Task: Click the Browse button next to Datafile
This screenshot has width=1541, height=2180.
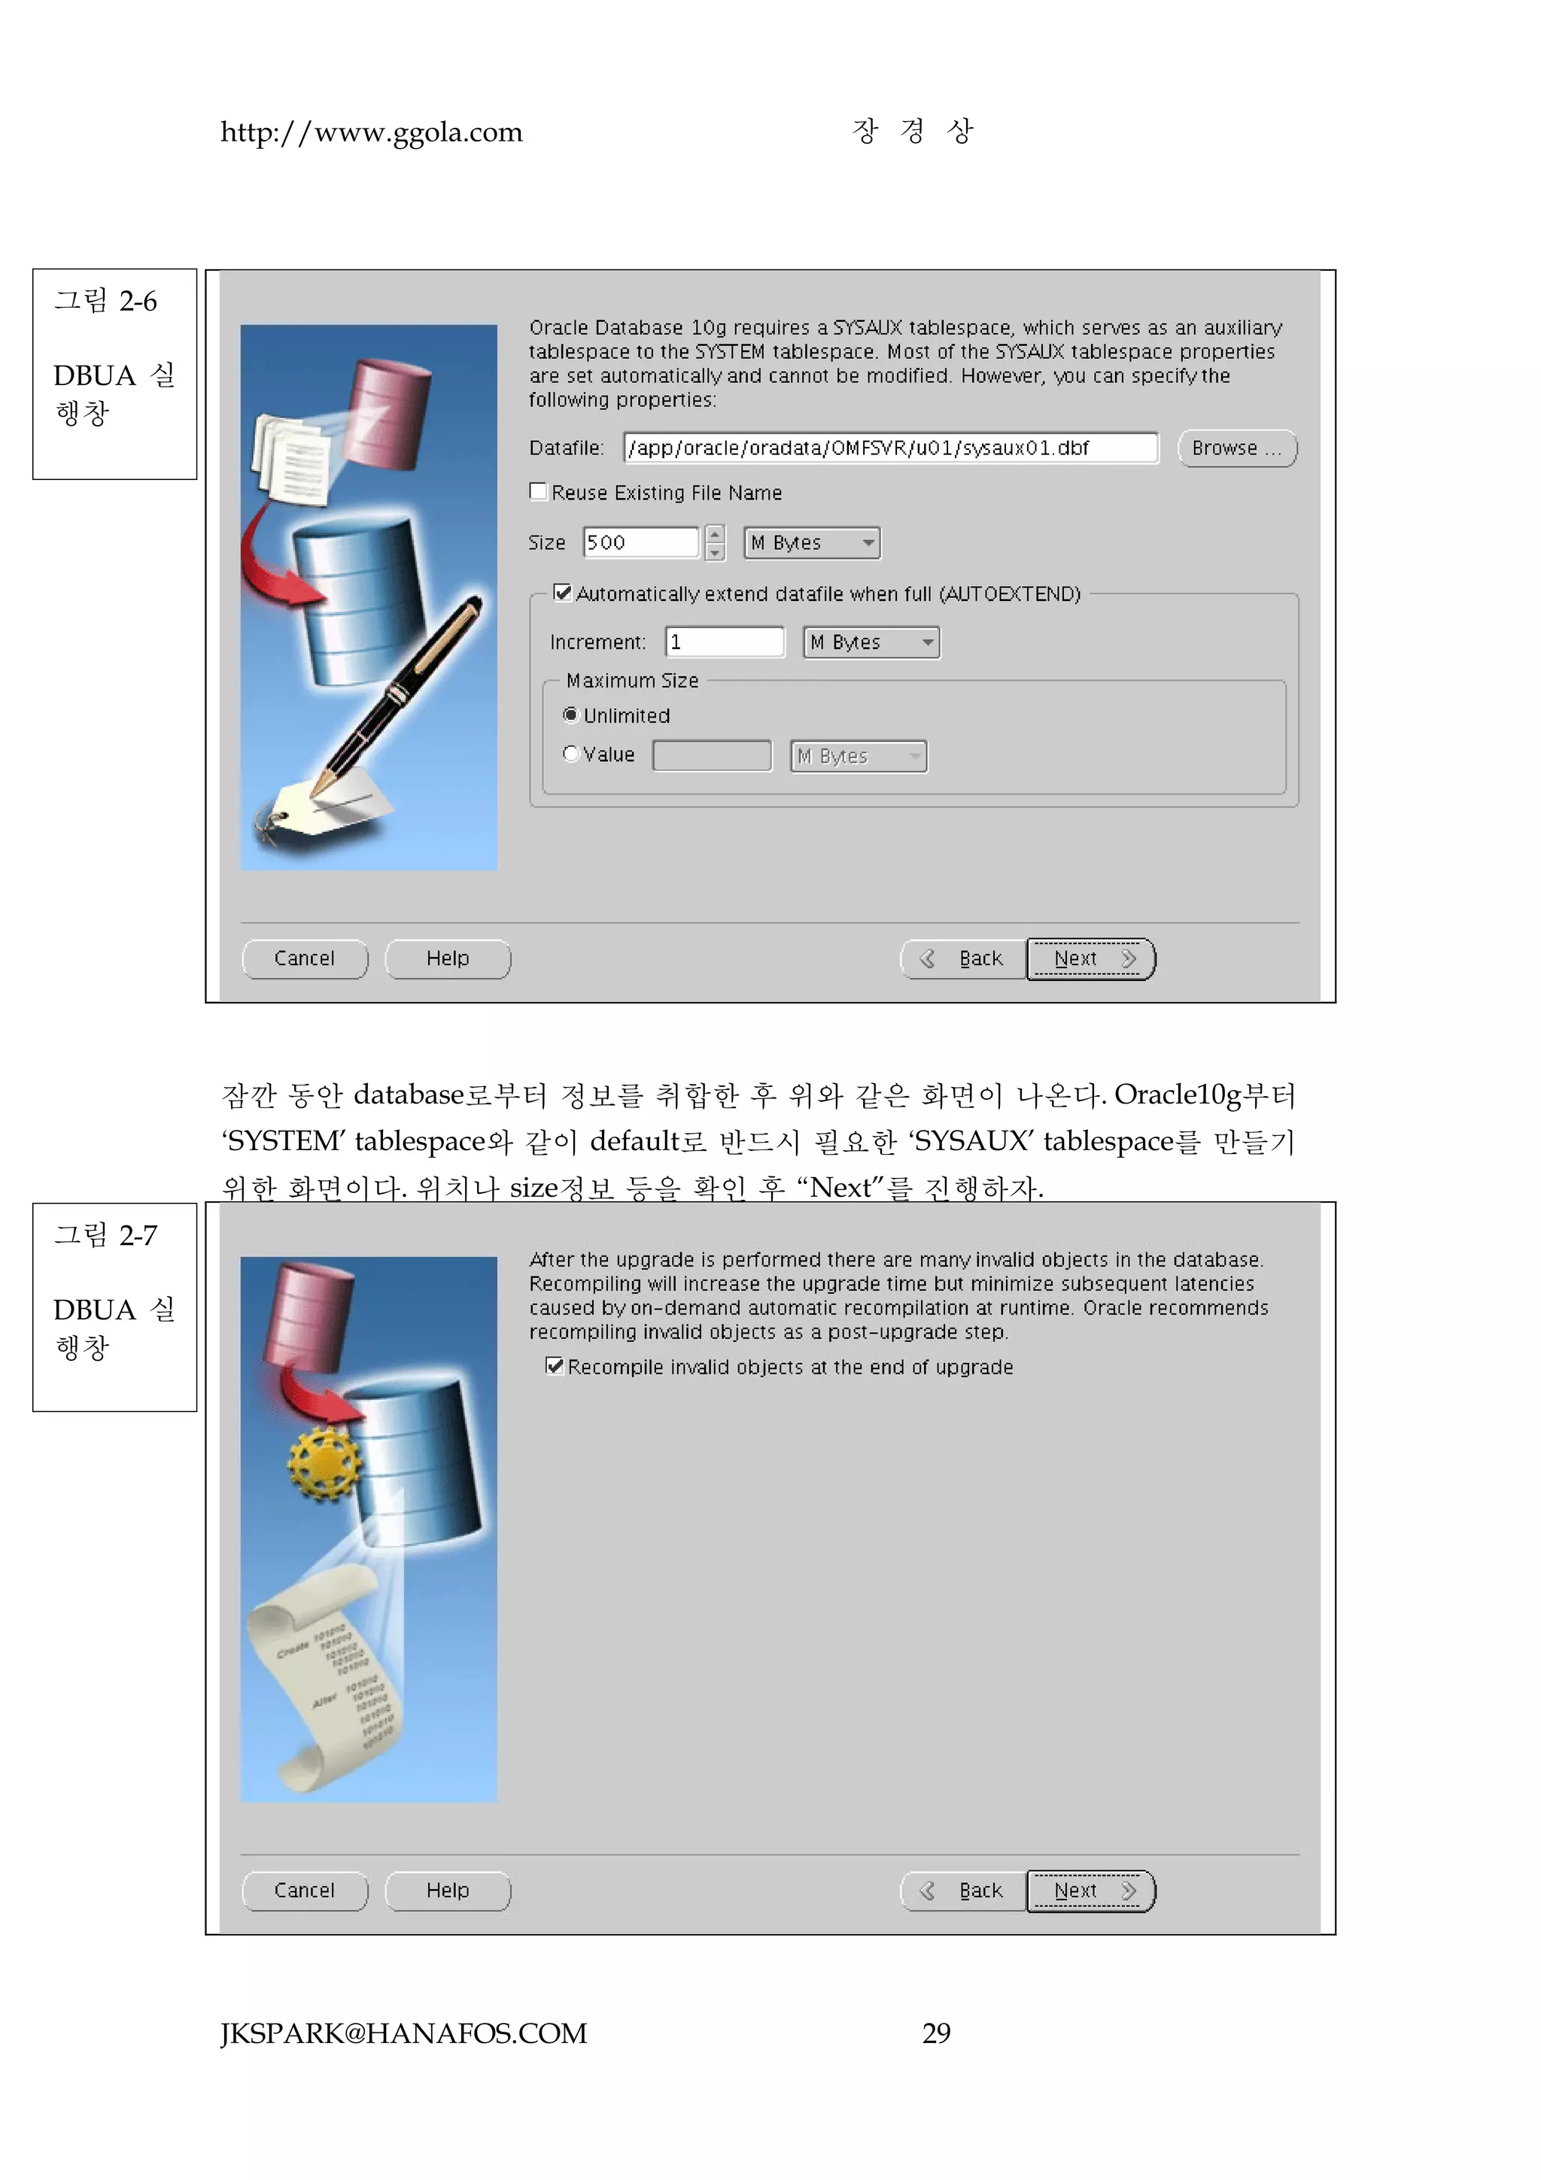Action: [1236, 448]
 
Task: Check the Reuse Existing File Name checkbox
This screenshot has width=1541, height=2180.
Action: [538, 492]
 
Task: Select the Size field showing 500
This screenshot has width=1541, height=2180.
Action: [641, 542]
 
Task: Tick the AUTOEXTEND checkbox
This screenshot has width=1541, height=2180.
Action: [563, 594]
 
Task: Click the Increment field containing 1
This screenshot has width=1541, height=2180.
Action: [725, 642]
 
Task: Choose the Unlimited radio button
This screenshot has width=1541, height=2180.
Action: [570, 715]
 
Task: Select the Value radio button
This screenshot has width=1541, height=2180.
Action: [570, 754]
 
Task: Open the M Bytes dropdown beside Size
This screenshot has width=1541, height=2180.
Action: [812, 543]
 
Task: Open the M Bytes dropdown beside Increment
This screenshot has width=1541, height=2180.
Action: [871, 643]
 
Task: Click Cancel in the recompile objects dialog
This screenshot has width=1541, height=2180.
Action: [305, 1890]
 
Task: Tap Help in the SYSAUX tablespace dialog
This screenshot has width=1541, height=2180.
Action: [447, 959]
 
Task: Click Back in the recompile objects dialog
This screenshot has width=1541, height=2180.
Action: [964, 1890]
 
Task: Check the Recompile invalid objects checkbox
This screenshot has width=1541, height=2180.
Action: [555, 1366]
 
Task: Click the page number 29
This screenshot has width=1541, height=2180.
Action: [936, 2033]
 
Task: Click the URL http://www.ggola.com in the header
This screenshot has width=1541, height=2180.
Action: [371, 132]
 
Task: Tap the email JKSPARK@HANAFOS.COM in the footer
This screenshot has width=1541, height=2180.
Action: [403, 2033]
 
